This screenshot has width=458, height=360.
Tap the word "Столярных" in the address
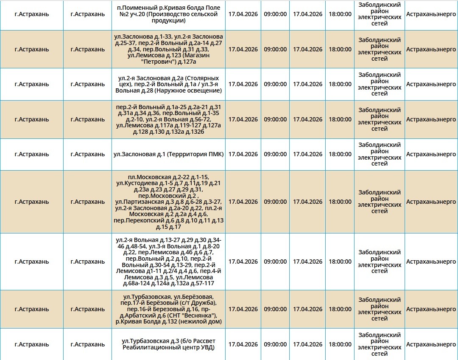[205, 78]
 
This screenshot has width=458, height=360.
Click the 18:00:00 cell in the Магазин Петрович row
[340, 49]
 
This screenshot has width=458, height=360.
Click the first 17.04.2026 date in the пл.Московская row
[243, 202]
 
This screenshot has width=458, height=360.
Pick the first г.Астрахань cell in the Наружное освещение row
[32, 84]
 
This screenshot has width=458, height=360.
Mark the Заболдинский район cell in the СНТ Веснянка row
[380, 309]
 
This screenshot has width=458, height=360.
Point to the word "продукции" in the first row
[168, 20]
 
